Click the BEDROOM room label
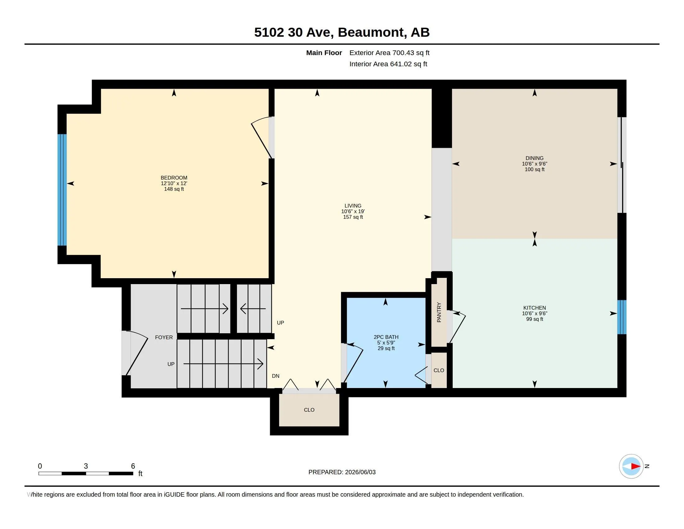coord(174,178)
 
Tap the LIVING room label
coord(353,206)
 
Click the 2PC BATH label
coord(386,337)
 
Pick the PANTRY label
coord(439,312)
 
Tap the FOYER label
coord(164,337)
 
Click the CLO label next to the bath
coord(439,370)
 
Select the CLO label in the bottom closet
coord(309,410)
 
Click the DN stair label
coord(275,376)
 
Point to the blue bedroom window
coord(62,190)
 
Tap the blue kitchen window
coord(622,317)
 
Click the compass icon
coord(631,466)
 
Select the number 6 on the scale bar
coord(133,466)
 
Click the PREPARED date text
coord(342,472)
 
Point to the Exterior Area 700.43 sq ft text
coord(389,53)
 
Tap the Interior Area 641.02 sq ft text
coord(388,64)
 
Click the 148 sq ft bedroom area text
coord(174,189)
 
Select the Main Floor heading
coord(324,53)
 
